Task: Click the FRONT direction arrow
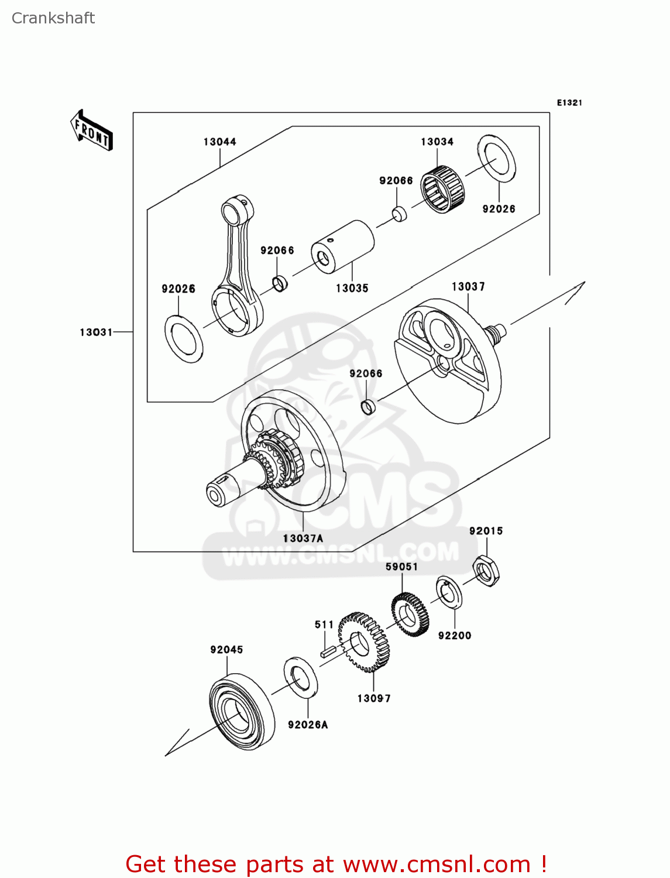tap(91, 130)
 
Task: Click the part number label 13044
tap(219, 142)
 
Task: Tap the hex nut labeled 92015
tap(486, 570)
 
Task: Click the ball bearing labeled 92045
tap(241, 712)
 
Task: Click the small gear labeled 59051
tap(410, 614)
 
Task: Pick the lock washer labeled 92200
tap(449, 592)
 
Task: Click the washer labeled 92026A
tap(301, 677)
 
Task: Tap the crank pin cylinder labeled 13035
tap(342, 246)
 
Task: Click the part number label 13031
tap(96, 332)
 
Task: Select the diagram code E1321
tap(569, 103)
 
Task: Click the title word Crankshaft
tap(53, 18)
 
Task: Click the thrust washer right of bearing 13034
tap(497, 159)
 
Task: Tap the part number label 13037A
tap(303, 538)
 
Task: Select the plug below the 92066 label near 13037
tap(369, 407)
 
